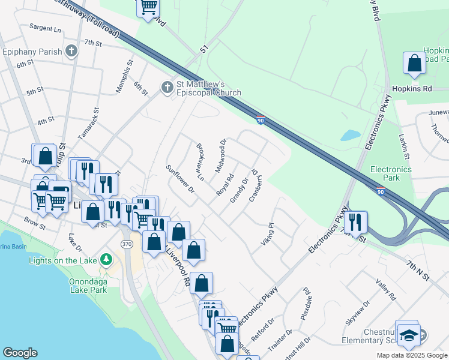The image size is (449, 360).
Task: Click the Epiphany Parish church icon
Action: (71, 51)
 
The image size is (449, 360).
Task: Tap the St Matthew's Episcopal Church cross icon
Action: (167, 88)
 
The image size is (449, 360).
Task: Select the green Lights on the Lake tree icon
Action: (106, 259)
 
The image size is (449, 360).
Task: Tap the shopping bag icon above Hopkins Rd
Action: (414, 63)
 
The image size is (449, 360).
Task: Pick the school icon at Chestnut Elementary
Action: (408, 334)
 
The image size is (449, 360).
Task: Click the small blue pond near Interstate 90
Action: (350, 135)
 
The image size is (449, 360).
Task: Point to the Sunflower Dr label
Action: (181, 179)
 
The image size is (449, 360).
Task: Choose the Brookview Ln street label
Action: (200, 162)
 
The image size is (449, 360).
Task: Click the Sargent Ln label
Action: (46, 28)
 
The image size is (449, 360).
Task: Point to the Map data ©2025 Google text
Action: (411, 355)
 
